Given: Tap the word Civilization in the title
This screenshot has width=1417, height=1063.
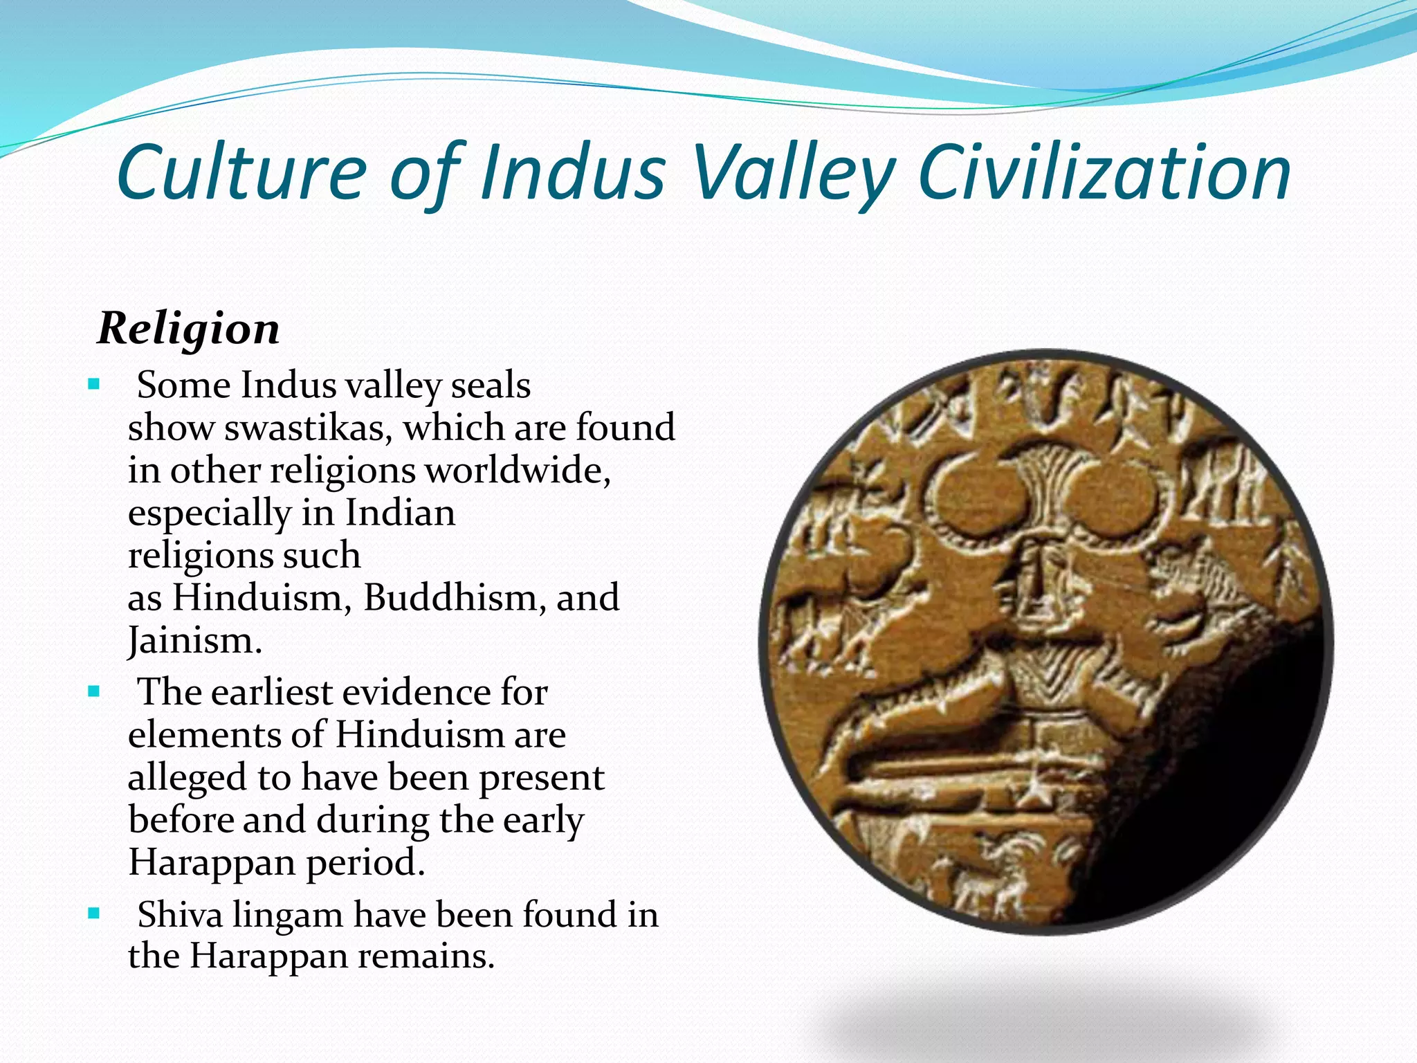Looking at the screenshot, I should pos(1104,172).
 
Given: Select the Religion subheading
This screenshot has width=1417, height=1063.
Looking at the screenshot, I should pos(189,328).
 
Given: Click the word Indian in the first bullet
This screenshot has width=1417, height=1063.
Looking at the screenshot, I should pos(400,513).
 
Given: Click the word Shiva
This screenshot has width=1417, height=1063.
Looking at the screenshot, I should pos(180,914).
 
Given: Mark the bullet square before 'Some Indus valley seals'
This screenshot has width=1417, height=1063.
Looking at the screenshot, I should pos(95,383).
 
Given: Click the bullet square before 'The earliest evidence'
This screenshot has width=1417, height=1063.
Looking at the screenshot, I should pos(95,691).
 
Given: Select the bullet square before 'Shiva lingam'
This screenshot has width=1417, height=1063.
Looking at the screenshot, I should pos(95,914).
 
